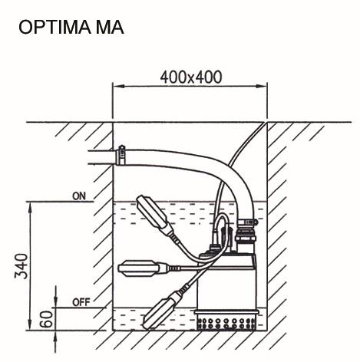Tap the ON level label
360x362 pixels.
pos(79,196)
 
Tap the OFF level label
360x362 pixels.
pos(81,302)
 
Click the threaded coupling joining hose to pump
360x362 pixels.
pos(246,231)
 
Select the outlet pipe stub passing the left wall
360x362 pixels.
pos(100,157)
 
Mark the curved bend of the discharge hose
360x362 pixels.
pos(223,169)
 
